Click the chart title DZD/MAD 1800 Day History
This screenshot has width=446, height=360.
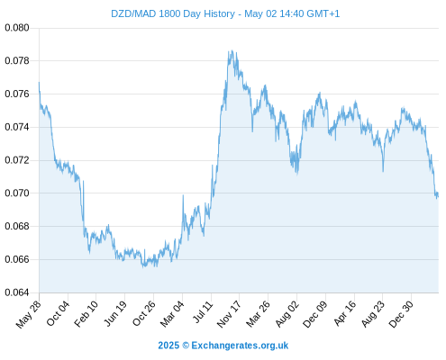coord(173,13)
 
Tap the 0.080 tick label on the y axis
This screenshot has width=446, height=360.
coord(17,28)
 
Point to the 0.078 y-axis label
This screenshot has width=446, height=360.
coord(17,61)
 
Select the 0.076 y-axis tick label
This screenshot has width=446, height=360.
coord(17,94)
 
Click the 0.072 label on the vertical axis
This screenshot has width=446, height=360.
coord(17,160)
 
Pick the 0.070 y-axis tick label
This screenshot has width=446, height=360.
coord(17,193)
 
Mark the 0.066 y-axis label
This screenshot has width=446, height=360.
coord(17,259)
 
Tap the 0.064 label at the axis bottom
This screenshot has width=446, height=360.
coord(17,292)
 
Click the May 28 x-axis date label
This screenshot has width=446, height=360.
coord(28,314)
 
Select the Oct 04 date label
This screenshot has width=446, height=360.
coord(58,313)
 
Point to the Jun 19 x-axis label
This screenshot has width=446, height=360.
coord(115,313)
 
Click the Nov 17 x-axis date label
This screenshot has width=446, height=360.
coord(229,314)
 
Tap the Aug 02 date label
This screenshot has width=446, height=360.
coord(287,314)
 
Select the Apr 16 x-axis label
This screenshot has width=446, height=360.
coord(344,313)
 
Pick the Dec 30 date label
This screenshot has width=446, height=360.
coord(401,314)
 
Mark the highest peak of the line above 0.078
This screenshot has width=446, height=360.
coord(232,50)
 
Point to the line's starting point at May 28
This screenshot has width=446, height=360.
coord(39,82)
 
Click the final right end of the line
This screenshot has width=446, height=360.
coord(439,196)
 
